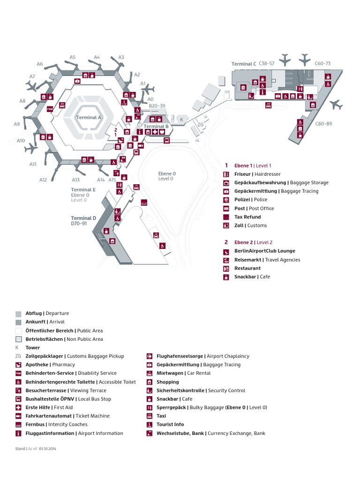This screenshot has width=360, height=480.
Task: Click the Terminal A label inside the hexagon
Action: click(x=89, y=118)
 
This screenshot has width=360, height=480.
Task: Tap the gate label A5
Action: click(x=73, y=57)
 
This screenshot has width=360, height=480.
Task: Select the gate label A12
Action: click(x=43, y=180)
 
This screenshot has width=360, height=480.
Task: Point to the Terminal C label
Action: click(x=244, y=64)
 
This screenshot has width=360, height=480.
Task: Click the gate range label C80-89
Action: click(x=323, y=124)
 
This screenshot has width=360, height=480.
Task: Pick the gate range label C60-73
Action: click(x=322, y=63)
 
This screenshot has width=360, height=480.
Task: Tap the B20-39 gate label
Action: click(x=157, y=106)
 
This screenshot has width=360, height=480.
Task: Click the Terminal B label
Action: click(x=156, y=127)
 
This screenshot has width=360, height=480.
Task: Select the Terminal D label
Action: click(x=83, y=218)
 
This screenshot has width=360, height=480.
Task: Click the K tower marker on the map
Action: click(x=181, y=120)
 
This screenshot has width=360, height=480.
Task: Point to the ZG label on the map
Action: click(x=201, y=125)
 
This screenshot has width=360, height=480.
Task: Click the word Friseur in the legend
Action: click(x=243, y=174)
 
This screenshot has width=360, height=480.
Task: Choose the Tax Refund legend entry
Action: click(x=247, y=217)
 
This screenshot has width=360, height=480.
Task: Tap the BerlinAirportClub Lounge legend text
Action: click(x=265, y=251)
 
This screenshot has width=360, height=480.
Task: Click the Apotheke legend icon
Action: click(x=18, y=365)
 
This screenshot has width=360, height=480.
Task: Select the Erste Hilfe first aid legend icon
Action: click(x=18, y=407)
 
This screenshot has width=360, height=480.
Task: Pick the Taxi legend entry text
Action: click(x=161, y=416)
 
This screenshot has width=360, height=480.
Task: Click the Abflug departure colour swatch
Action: click(x=18, y=314)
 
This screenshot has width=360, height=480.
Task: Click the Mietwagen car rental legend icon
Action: click(x=150, y=373)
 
